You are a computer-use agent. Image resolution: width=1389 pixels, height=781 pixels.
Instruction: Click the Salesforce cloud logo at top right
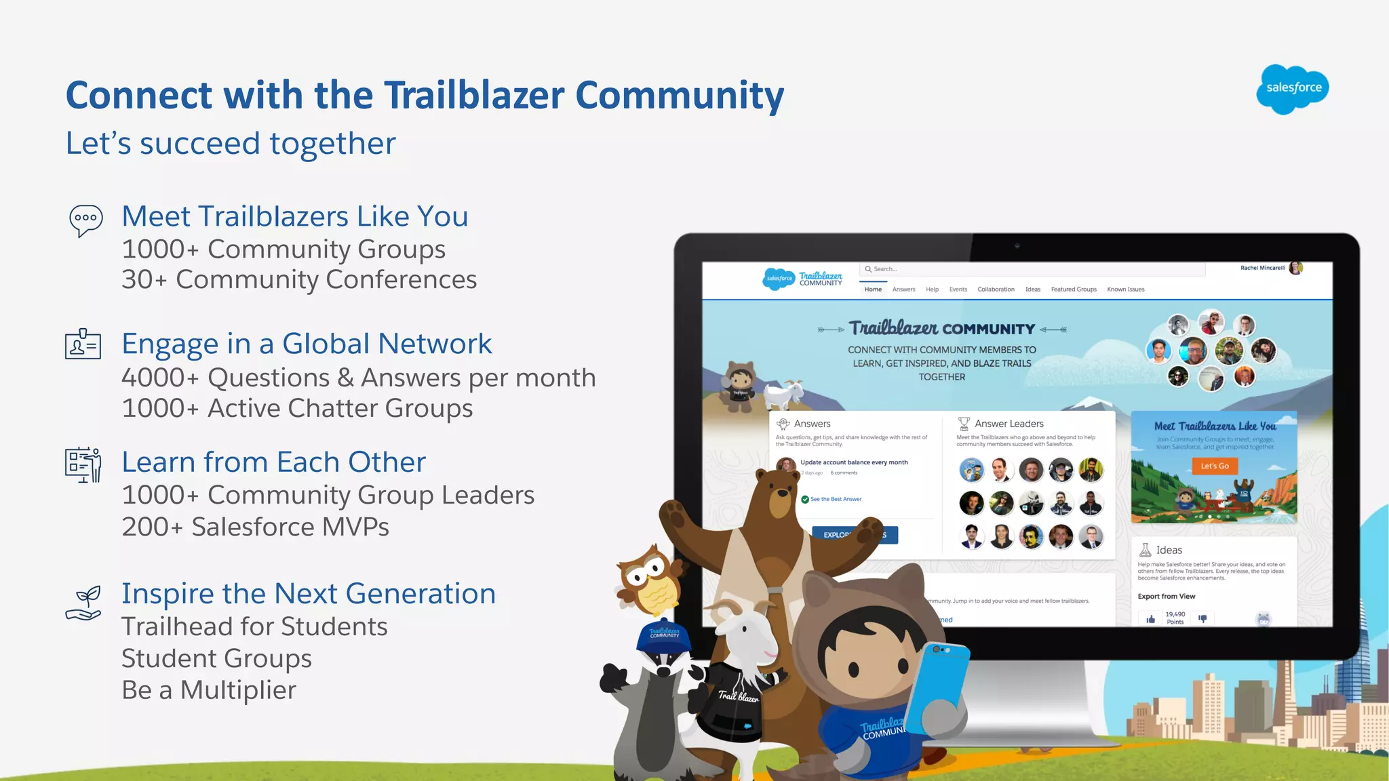tap(1292, 89)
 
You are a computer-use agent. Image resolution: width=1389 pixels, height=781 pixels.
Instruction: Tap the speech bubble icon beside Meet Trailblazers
tap(86, 220)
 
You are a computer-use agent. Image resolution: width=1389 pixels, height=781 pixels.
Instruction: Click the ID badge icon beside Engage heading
tap(83, 344)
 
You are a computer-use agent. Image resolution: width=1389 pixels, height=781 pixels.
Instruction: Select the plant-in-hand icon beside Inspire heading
tap(84, 603)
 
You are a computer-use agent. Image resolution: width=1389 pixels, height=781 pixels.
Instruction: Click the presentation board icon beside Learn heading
tap(83, 465)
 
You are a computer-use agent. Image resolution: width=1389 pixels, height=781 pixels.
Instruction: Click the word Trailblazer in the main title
tap(474, 95)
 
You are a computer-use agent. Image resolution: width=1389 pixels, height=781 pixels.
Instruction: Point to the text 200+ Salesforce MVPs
tap(255, 527)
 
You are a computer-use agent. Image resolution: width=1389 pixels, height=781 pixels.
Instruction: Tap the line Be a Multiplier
tap(209, 690)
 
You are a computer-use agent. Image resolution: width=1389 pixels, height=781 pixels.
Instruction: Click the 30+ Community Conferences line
tap(299, 279)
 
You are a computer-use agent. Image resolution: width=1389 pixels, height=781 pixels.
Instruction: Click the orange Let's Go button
tap(1214, 466)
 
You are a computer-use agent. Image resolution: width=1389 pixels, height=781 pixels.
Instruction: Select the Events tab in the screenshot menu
tap(958, 289)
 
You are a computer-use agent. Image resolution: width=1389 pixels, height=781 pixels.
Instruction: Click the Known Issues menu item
tap(1125, 289)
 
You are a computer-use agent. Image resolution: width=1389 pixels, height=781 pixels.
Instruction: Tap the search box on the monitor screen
tap(1031, 269)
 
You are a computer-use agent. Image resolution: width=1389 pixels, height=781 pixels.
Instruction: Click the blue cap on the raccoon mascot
tap(663, 636)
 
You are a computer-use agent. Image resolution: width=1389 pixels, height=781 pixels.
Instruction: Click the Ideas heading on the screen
tap(1169, 550)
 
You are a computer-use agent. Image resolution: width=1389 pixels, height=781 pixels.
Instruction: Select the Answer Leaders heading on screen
tap(1009, 424)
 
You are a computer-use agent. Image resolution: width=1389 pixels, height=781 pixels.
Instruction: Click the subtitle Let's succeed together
tap(231, 144)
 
